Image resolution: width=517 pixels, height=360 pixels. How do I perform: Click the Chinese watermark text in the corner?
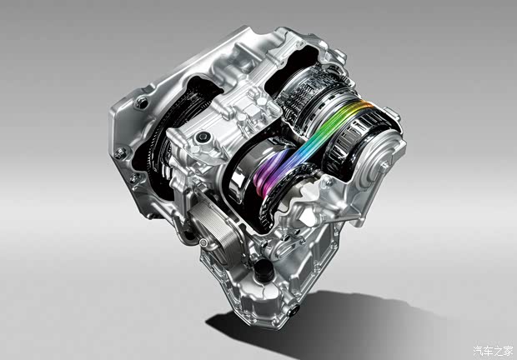coord(493,351)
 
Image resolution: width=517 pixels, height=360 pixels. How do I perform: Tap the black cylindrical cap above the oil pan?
coord(264,271)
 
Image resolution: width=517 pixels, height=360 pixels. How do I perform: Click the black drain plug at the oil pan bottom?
coord(294,310)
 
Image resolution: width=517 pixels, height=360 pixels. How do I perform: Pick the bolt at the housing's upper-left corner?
coord(142,103)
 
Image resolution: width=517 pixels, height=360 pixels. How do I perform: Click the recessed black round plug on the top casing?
coord(202,137)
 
